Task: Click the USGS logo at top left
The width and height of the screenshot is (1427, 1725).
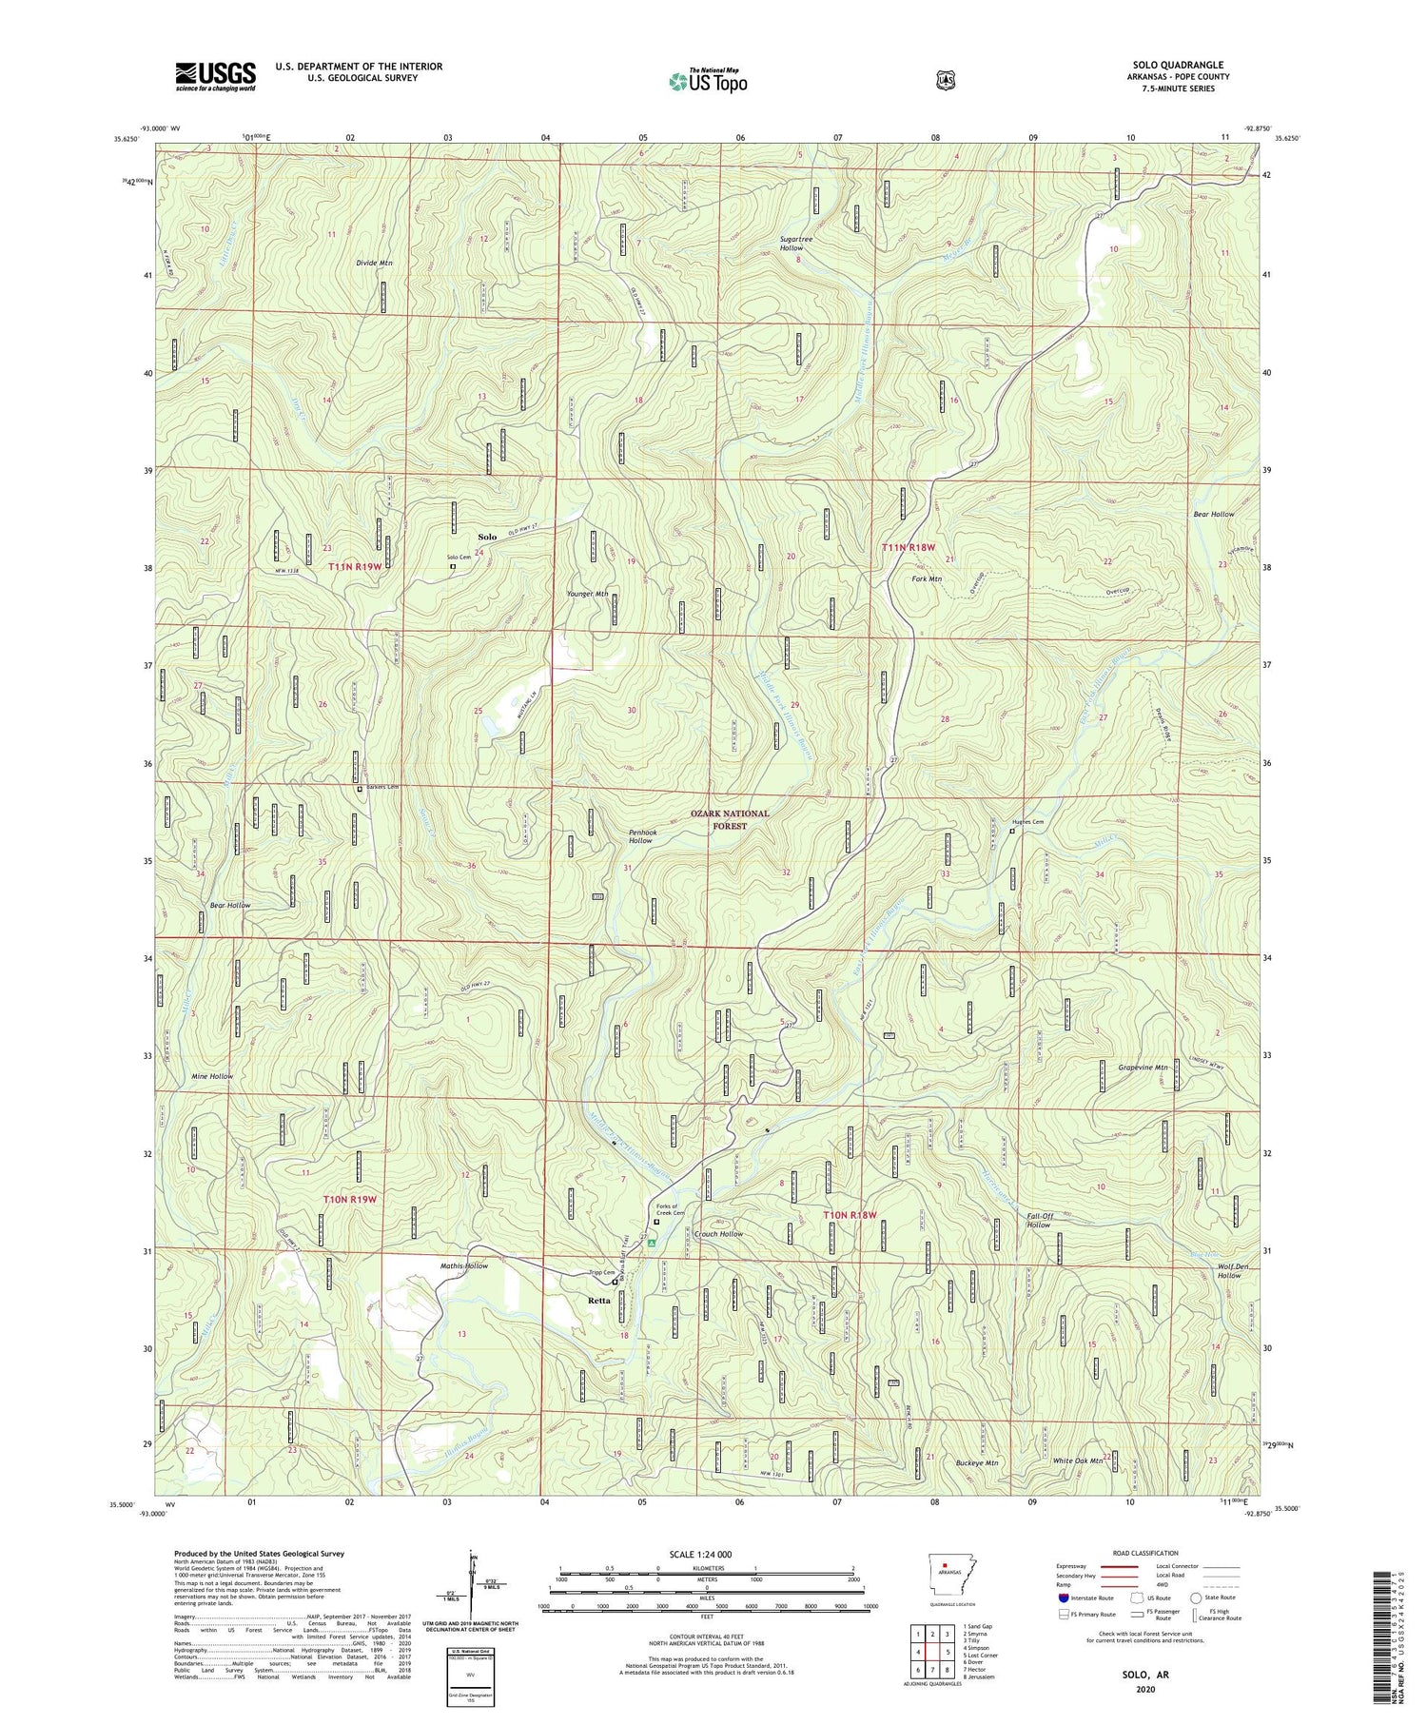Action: click(x=215, y=76)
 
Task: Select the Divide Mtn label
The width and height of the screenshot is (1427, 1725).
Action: click(x=375, y=262)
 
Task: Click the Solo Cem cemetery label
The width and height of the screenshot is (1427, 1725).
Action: click(x=459, y=557)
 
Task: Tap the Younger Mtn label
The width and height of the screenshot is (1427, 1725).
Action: click(x=587, y=594)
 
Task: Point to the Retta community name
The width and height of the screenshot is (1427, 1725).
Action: click(x=598, y=1301)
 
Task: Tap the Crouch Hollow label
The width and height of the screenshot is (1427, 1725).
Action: click(x=718, y=1234)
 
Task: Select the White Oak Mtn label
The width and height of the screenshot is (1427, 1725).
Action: click(x=1077, y=1460)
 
